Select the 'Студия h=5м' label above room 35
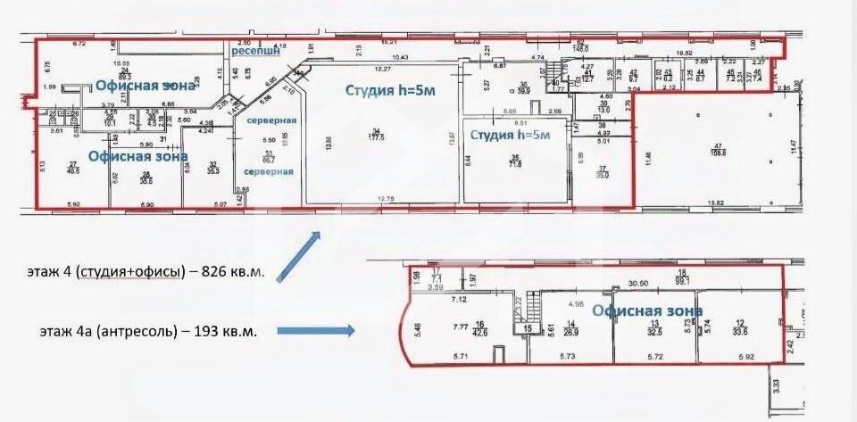click(x=511, y=135)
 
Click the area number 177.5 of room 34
click(x=374, y=137)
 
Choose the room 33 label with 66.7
click(x=267, y=157)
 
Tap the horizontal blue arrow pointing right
click(x=315, y=331)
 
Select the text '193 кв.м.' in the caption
click(x=227, y=332)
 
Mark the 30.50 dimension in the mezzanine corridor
click(x=638, y=284)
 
